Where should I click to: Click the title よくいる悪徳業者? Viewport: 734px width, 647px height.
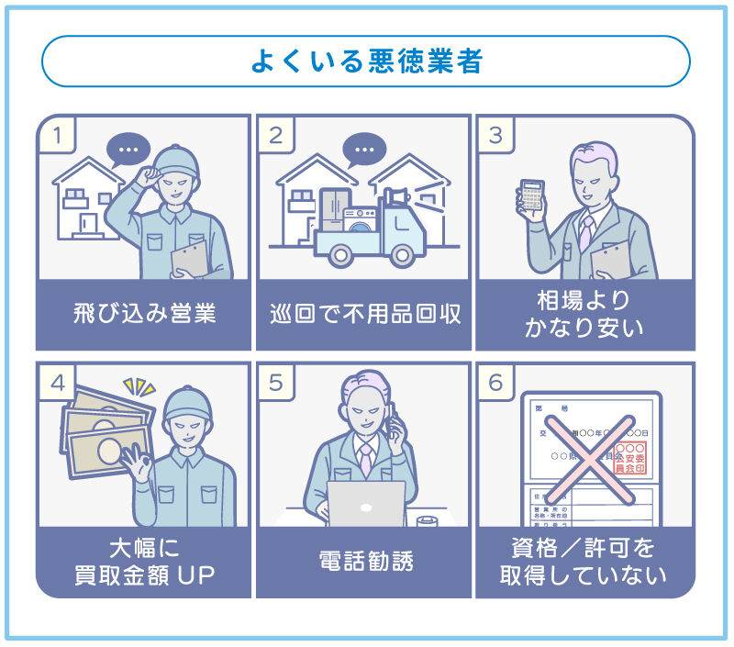pos(366,61)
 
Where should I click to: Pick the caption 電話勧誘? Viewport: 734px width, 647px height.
pos(364,561)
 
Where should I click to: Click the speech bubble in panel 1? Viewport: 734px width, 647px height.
pos(128,149)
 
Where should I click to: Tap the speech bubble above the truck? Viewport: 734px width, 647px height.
pos(364,149)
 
